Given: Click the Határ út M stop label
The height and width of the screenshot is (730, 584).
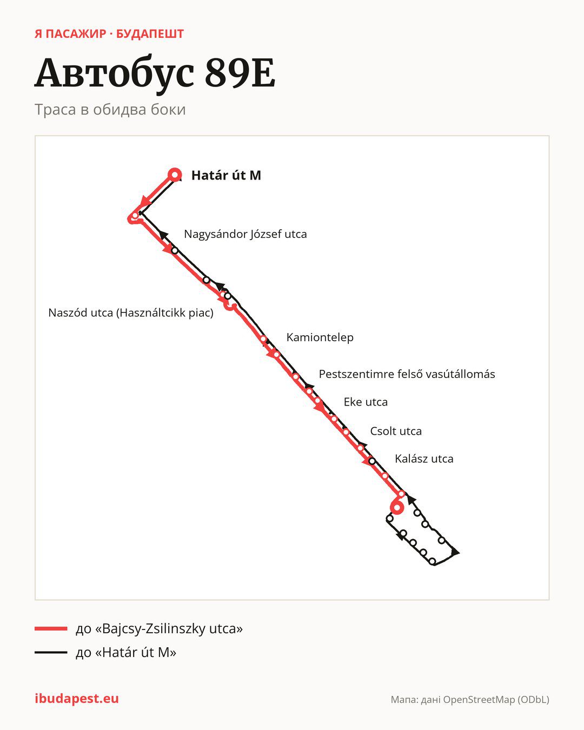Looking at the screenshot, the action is point(226,175).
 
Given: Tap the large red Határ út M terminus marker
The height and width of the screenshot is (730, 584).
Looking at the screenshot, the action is point(175,175).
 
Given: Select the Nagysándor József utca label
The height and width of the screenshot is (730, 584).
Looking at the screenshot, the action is point(245,234).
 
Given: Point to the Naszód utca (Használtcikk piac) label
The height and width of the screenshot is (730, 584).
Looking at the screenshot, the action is point(131,313).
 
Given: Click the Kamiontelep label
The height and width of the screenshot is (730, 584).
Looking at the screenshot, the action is point(320,337).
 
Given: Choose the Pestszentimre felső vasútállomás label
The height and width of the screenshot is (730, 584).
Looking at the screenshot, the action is point(407,374).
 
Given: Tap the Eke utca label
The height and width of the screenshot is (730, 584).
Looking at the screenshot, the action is point(366,402).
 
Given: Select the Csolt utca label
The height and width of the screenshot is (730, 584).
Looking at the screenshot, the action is point(396,431).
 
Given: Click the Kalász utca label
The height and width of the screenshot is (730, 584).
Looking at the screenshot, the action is point(424,459).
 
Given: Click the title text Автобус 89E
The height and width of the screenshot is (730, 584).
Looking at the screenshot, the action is point(155,73).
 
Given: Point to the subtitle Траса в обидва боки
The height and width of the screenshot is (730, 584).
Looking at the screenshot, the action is point(110,110).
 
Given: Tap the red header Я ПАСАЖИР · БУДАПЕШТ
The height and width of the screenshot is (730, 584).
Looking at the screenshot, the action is point(109,34).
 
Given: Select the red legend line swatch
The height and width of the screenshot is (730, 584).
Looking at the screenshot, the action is point(51,629).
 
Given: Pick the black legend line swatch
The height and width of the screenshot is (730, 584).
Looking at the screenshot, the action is point(51,652).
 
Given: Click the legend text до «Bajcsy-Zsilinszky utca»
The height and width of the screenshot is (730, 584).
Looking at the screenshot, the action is point(159,629).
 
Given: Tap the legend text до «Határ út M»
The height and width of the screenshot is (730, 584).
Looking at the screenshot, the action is point(126,652).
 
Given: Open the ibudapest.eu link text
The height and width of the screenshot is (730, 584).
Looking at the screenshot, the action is point(77,699).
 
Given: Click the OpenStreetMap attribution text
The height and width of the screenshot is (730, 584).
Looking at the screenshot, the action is point(470,700).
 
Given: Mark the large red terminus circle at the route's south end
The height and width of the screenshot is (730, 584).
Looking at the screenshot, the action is point(397,508).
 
